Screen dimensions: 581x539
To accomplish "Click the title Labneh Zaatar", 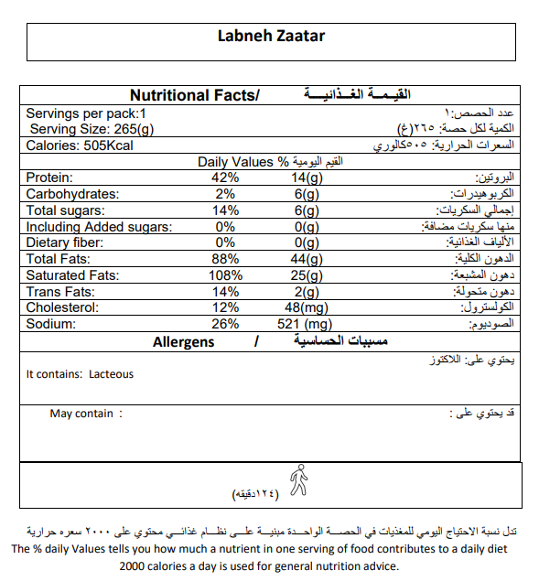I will click(x=270, y=37).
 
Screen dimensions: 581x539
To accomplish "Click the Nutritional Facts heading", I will click(x=194, y=95).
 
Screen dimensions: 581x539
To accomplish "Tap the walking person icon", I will click(x=298, y=479).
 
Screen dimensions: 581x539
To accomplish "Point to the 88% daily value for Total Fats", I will click(x=225, y=260).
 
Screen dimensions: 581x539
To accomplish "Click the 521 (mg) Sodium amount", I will click(x=306, y=324).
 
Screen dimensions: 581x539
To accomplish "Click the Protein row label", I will click(x=49, y=178).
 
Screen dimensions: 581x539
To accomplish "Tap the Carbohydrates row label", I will click(x=72, y=194).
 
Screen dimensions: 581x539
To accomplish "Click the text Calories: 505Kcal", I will click(x=81, y=145).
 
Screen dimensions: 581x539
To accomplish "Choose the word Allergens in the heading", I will click(x=183, y=342).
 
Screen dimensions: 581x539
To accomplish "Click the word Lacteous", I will click(x=111, y=373).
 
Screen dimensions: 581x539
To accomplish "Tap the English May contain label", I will click(x=81, y=414).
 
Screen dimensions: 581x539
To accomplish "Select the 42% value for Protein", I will click(x=225, y=178).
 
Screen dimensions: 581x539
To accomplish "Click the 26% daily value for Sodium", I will click(x=225, y=324).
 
